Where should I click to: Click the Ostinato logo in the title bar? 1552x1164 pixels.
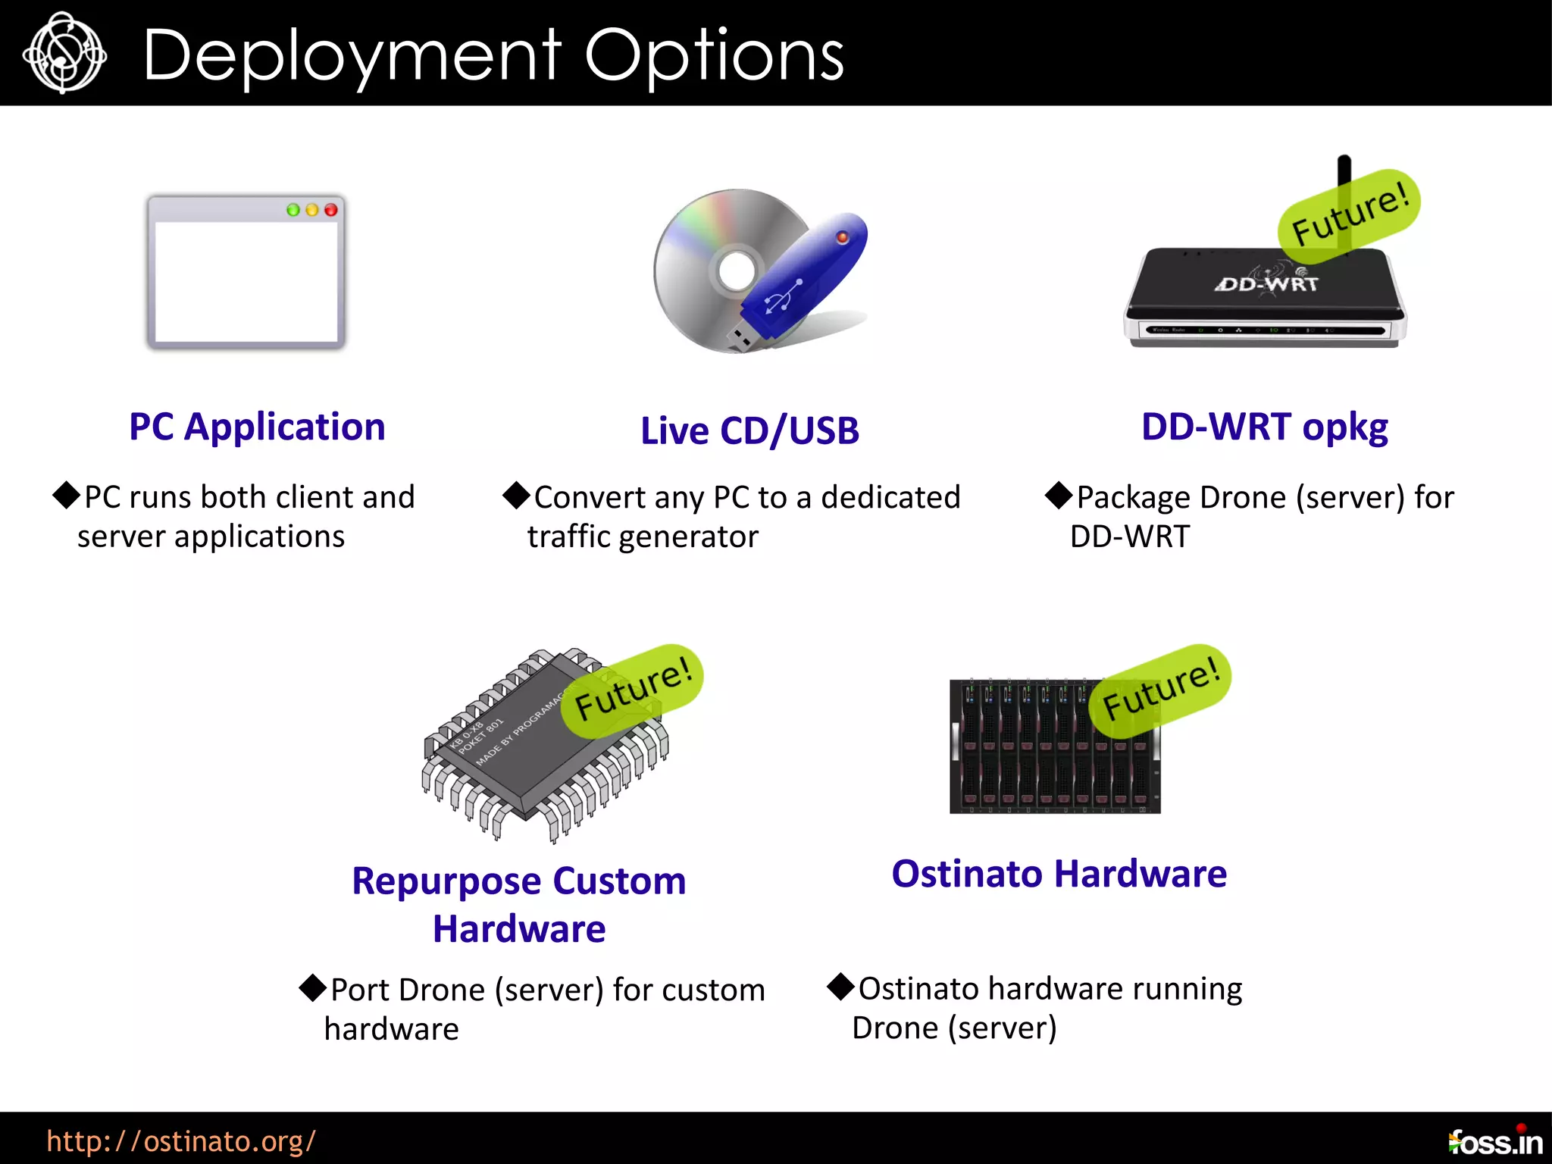64,53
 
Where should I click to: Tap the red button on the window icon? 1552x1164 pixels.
331,210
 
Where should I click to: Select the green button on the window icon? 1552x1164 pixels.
293,210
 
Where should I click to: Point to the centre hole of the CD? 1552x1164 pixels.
735,271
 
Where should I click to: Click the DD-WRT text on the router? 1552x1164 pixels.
1267,284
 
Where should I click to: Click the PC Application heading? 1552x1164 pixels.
257,427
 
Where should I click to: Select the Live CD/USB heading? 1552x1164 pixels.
749,430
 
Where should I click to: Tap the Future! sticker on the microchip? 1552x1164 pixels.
633,690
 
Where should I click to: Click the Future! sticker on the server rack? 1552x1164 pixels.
1160,690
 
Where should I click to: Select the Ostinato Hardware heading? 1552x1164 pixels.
1059,874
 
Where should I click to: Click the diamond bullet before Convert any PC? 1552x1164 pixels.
516,496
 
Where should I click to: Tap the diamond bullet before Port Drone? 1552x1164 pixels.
312,987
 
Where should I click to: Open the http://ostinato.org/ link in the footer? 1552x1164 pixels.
181,1141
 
